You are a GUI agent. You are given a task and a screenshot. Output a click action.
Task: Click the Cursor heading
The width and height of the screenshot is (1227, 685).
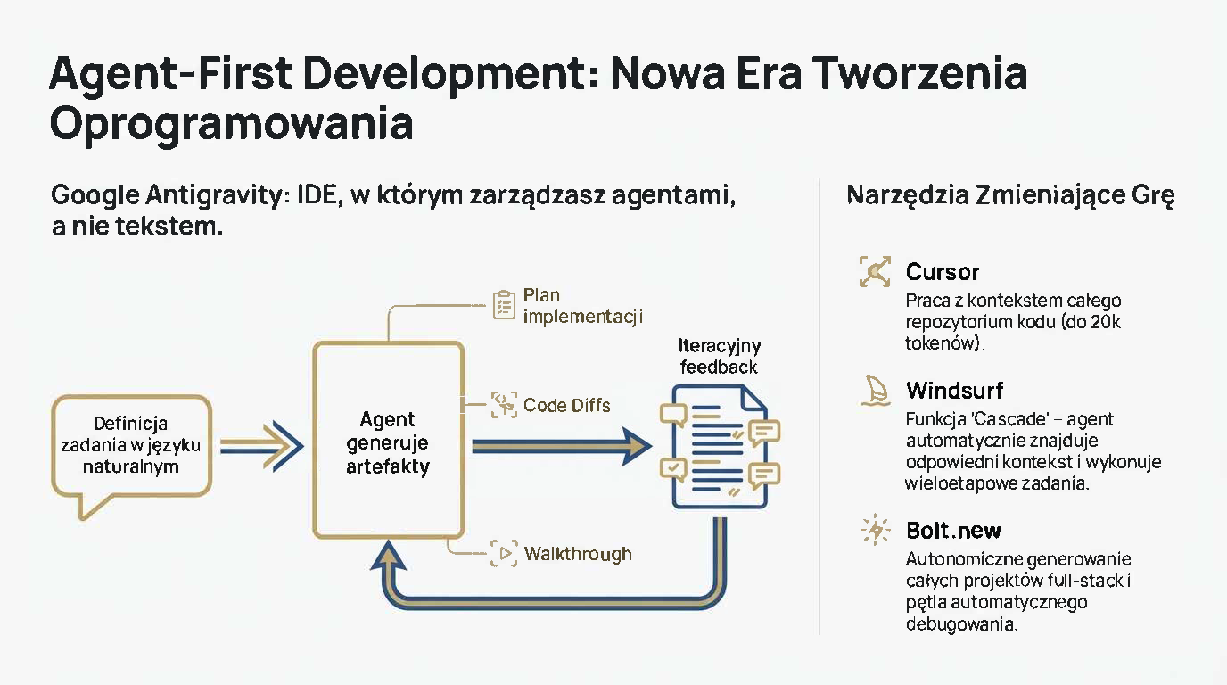pos(943,272)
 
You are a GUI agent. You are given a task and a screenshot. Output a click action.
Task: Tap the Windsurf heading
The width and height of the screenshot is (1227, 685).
pos(955,391)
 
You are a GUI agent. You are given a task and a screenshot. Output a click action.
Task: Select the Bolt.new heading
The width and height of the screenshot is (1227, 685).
pos(953,531)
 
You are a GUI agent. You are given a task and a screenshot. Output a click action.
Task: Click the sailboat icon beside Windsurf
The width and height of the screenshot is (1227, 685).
pos(875,390)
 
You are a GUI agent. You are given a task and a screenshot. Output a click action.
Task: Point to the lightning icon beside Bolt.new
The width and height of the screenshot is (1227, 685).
pos(875,530)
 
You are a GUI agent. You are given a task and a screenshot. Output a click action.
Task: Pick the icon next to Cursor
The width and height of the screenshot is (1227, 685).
pos(875,271)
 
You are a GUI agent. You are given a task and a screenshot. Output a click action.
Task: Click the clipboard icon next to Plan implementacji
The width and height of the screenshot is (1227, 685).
pos(504,305)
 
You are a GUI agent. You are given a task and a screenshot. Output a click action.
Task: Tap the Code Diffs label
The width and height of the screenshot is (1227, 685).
pos(566,406)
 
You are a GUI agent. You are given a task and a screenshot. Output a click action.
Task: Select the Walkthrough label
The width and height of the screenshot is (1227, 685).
pos(578,554)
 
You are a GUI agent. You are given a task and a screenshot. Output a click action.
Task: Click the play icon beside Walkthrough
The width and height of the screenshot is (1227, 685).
pos(504,553)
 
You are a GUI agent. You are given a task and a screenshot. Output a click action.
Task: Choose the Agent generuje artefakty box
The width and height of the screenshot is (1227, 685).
pos(389,440)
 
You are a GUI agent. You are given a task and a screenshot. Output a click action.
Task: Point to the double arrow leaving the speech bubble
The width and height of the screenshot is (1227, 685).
pos(262,446)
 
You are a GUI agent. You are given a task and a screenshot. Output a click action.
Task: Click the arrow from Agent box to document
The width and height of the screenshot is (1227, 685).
pos(562,446)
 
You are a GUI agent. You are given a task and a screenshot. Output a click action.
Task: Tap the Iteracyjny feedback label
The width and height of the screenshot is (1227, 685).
pos(720,356)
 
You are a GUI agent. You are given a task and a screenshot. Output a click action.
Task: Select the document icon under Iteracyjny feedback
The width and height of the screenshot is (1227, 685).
pos(720,447)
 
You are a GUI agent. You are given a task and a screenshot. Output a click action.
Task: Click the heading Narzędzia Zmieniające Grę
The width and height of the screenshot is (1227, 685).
pos(1010,195)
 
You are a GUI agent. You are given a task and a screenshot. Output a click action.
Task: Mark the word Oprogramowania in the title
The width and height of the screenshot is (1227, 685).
pos(231,124)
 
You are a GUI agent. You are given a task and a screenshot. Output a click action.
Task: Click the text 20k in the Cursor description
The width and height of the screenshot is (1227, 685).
pos(1106,322)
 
